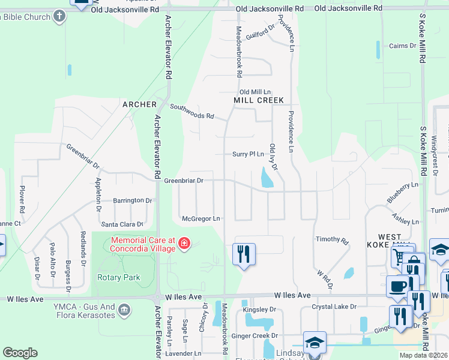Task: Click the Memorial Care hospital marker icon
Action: (x=184, y=244)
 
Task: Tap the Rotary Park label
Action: (x=118, y=277)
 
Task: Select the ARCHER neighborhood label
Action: (x=139, y=104)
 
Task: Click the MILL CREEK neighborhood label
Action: (x=258, y=100)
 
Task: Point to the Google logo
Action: (x=20, y=353)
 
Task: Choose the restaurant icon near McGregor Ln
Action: (x=244, y=254)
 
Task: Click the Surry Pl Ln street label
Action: (x=248, y=154)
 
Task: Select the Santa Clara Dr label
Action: (x=122, y=224)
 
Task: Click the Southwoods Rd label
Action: (x=192, y=112)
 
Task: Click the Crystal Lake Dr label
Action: (x=334, y=307)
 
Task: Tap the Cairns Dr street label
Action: (x=402, y=46)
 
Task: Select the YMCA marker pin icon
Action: (x=124, y=310)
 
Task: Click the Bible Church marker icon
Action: (x=59, y=16)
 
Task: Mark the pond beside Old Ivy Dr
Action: (x=267, y=178)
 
